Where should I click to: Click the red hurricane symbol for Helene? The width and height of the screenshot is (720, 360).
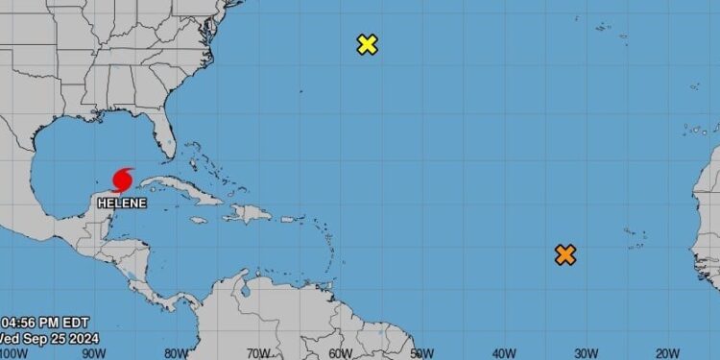pyautogui.click(x=123, y=179)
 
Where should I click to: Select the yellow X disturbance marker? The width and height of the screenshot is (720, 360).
pyautogui.click(x=367, y=44)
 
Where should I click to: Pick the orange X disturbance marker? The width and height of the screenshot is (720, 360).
pyautogui.click(x=565, y=254)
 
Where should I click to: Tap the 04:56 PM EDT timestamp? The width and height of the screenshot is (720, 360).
pyautogui.click(x=35, y=323)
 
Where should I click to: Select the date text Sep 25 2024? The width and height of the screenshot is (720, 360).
pyautogui.click(x=44, y=339)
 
